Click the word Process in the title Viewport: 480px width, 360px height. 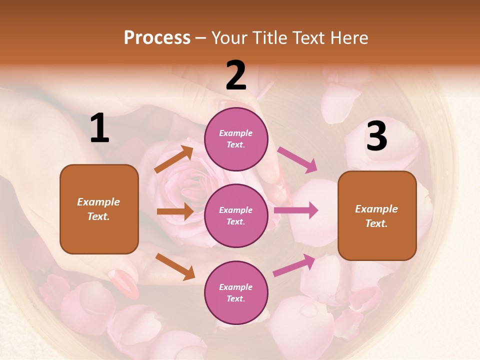pos(157,37)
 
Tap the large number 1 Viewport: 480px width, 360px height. pos(99,129)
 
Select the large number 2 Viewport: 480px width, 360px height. pos(236,75)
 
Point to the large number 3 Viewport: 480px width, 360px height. pos(376,136)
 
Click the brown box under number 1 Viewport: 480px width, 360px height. pos(99,209)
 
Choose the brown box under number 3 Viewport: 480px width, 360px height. pos(377,215)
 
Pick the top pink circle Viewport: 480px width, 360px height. pos(236,139)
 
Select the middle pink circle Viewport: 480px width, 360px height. pos(236,215)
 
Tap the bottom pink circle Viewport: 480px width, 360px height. pos(236,292)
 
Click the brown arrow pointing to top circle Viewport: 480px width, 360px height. pos(173,159)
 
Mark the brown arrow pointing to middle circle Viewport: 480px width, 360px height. pos(175,211)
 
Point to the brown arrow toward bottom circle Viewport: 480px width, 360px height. pos(175,266)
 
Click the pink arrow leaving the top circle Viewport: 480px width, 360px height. pos(297,160)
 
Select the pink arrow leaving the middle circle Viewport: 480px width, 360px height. pos(296,210)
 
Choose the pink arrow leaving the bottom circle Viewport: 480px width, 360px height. pos(294,265)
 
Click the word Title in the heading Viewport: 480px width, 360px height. pos(269,37)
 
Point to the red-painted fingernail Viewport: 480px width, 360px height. pos(123,283)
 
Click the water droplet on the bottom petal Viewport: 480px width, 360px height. pos(308,310)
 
